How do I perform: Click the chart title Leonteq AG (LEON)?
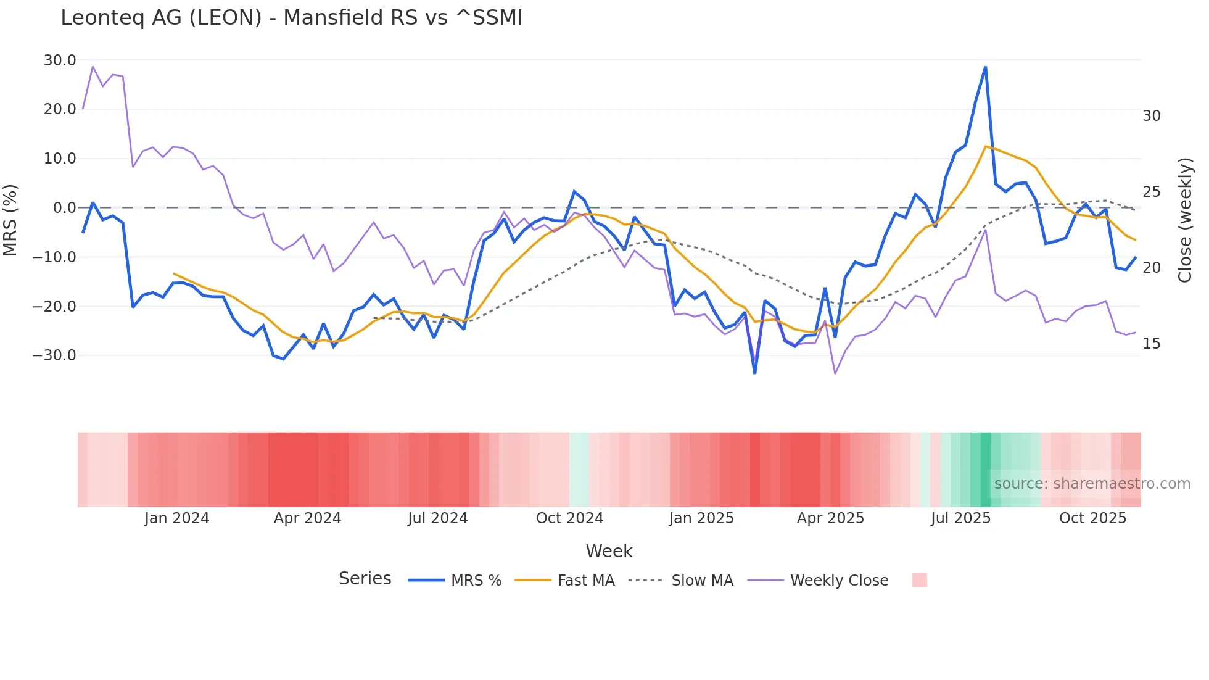tap(291, 18)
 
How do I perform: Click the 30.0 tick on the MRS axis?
tap(60, 60)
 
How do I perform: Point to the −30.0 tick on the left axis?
tap(54, 355)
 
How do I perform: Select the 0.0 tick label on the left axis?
tap(64, 208)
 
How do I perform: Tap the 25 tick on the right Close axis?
tap(1151, 192)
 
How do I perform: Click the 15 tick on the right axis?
tap(1151, 344)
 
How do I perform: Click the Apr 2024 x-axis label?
tap(307, 518)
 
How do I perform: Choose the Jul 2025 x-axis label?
tap(960, 518)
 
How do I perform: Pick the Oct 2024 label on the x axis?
tap(569, 518)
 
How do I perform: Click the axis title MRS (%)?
tap(10, 220)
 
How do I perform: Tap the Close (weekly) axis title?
tap(1184, 220)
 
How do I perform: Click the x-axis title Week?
tap(609, 551)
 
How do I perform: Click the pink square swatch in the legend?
tap(919, 580)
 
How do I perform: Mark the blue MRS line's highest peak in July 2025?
tap(985, 67)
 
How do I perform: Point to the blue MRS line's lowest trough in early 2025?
tap(754, 373)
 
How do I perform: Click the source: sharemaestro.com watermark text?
tap(1092, 484)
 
